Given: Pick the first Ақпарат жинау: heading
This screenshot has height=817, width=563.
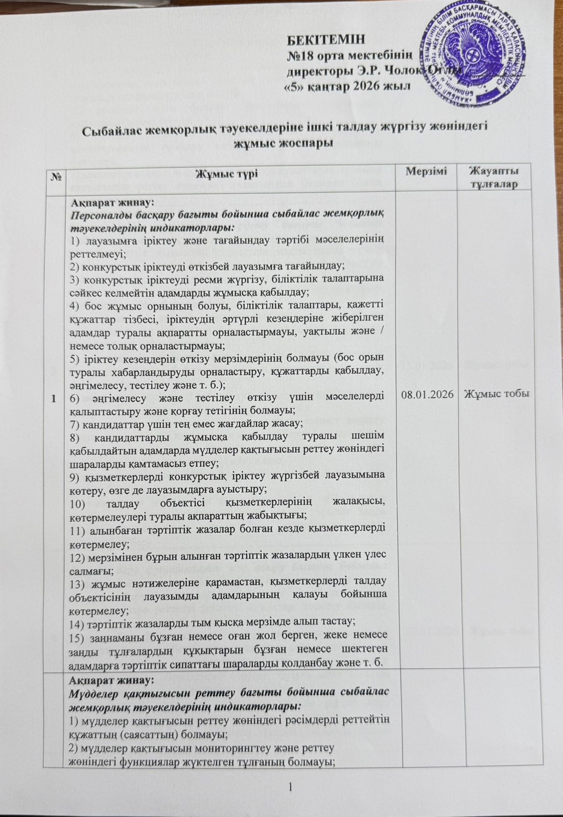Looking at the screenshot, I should click(109, 201).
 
